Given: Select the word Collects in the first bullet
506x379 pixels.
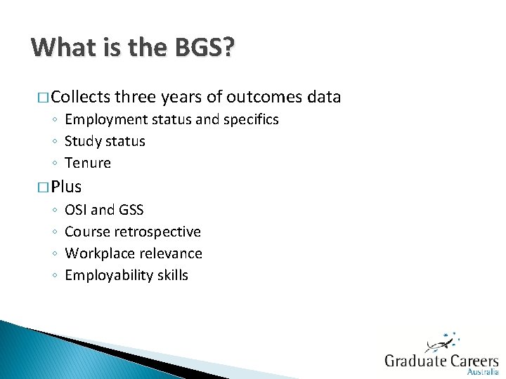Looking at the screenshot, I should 80,97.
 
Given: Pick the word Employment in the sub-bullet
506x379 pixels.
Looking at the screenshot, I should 103,119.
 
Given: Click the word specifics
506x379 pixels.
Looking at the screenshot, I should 251,119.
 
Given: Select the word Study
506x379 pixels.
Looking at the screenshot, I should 82,141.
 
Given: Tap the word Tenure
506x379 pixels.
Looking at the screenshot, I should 88,163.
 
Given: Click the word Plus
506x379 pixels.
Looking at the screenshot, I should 66,187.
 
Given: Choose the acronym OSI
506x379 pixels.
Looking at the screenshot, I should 76,210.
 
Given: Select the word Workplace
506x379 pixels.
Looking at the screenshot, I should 98,253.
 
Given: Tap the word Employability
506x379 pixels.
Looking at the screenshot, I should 109,275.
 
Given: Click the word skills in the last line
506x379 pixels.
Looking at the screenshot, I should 173,275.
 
